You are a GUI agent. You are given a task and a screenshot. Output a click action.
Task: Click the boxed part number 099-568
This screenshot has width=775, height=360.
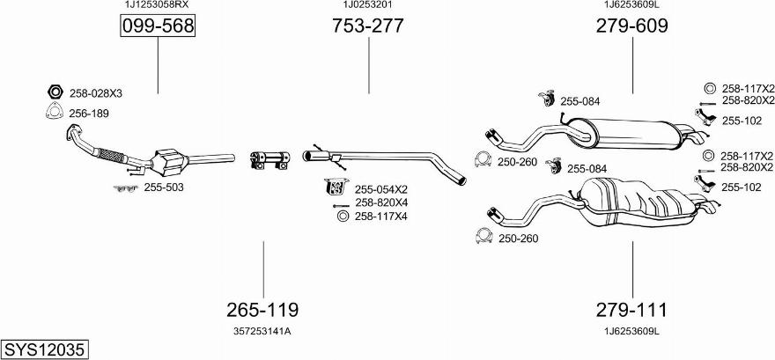click(158, 27)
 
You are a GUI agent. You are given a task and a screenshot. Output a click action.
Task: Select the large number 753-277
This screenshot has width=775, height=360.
click(368, 26)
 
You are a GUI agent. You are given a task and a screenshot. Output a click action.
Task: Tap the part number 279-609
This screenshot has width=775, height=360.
click(632, 26)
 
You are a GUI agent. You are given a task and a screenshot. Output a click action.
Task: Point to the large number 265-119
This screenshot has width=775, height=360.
click(262, 310)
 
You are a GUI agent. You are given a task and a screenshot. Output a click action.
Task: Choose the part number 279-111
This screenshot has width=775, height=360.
click(632, 310)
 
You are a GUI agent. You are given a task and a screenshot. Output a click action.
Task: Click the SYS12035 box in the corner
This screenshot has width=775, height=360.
click(44, 349)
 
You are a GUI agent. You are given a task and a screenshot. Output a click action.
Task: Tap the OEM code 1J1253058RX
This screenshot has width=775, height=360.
click(156, 5)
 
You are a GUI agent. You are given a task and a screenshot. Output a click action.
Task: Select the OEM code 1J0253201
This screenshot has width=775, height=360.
click(368, 5)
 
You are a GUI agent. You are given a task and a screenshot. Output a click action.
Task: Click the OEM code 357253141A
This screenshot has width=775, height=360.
click(262, 331)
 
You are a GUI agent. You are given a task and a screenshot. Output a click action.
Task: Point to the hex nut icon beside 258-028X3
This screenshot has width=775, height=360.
click(53, 92)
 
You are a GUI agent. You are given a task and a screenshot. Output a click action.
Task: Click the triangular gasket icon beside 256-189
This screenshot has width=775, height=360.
click(53, 112)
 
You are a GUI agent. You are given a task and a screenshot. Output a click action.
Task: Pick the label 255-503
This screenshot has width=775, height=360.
click(164, 187)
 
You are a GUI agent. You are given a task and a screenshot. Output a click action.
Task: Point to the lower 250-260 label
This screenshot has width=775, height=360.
click(518, 238)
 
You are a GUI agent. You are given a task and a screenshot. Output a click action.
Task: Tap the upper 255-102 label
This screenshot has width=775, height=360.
click(742, 121)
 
